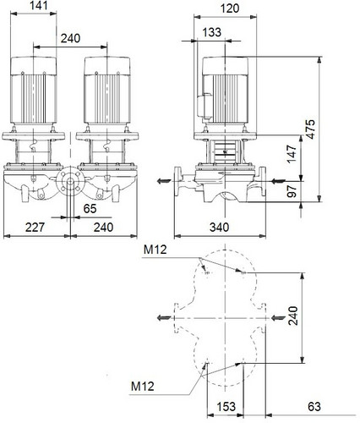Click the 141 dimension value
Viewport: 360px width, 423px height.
[39, 5]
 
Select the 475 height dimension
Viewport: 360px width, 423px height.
[310, 129]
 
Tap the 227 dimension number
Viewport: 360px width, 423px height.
[35, 227]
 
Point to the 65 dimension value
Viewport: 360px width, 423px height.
[90, 209]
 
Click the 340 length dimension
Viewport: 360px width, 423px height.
[219, 227]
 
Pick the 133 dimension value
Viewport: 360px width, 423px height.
[212, 32]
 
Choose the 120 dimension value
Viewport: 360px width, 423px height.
[230, 8]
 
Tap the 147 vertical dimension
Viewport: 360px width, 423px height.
[292, 154]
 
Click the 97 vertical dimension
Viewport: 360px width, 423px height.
[292, 191]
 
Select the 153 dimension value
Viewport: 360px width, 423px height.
[226, 407]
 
